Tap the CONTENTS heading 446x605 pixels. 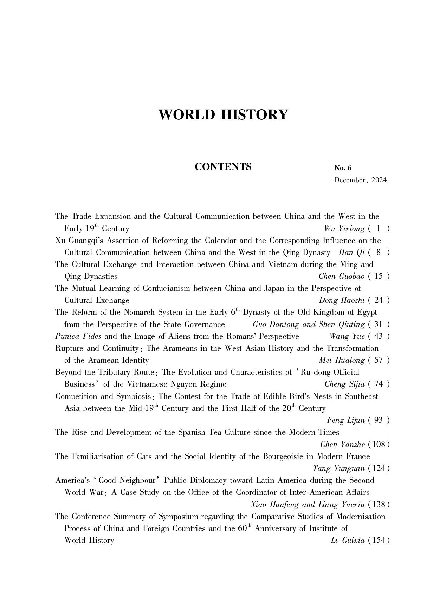pyautogui.click(x=223, y=167)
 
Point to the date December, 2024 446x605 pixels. pyautogui.click(x=360, y=180)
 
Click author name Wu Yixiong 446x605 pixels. pyautogui.click(x=344, y=229)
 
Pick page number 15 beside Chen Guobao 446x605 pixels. pyautogui.click(x=379, y=276)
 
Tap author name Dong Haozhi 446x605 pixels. pyautogui.click(x=341, y=300)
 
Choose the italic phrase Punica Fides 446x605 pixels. pyautogui.click(x=78, y=336)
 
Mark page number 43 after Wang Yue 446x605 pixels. pyautogui.click(x=379, y=336)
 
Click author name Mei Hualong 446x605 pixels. pyautogui.click(x=341, y=360)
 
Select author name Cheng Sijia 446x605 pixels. pyautogui.click(x=344, y=384)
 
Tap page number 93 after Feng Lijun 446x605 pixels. pyautogui.click(x=379, y=420)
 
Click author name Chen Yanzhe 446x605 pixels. pyautogui.click(x=342, y=445)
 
